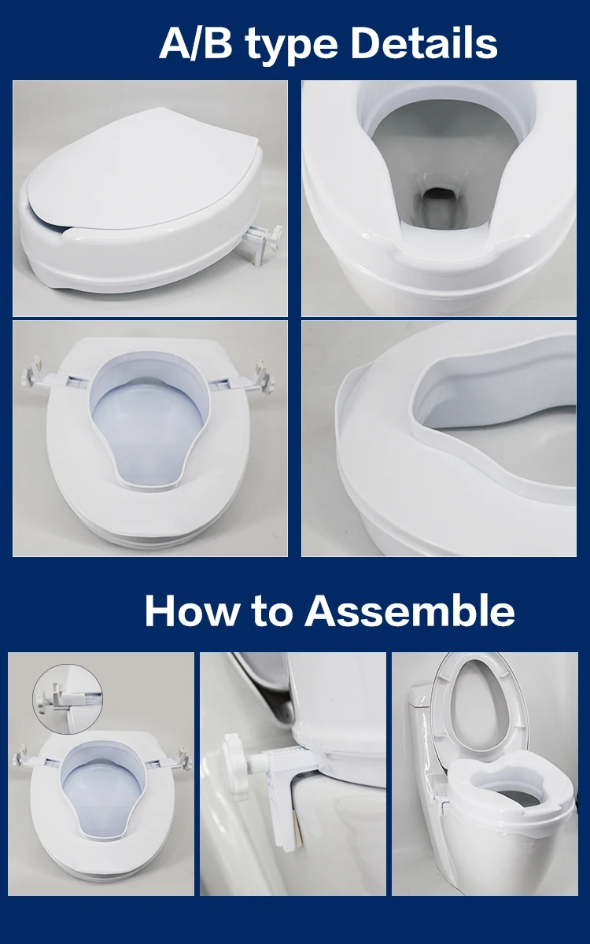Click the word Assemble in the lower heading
point(410,611)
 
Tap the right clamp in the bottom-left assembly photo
point(182,758)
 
